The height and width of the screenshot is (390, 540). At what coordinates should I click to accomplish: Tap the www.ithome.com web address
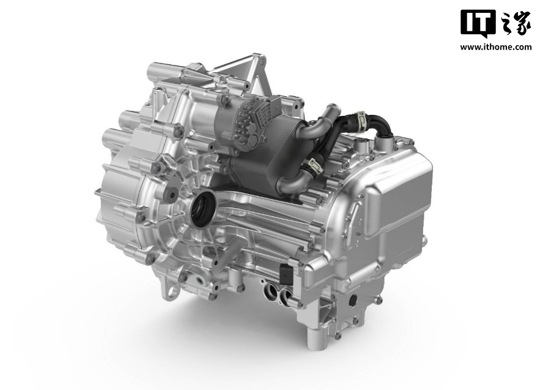495,47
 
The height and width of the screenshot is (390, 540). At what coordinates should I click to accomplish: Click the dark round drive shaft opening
203,209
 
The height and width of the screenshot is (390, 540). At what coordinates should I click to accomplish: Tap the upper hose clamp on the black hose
361,121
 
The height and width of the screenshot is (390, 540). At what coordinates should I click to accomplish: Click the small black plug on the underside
286,274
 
